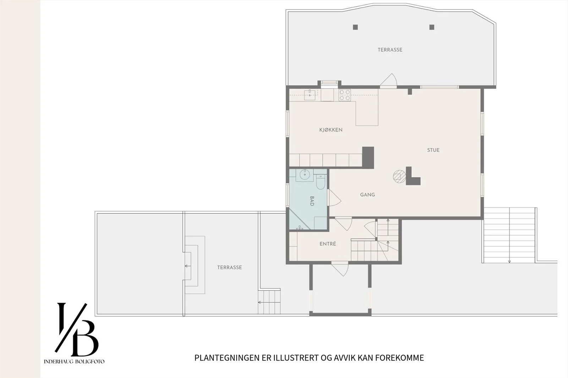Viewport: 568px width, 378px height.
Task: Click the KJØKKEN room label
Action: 331,130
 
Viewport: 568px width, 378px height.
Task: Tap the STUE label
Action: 433,150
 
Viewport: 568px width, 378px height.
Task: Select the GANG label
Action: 367,195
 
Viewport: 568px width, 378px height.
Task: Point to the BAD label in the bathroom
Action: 312,201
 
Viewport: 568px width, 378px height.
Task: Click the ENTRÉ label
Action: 328,244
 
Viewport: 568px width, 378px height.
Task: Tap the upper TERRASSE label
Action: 390,50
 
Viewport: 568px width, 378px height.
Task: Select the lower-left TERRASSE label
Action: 229,267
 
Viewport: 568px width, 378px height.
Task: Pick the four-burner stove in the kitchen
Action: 345,95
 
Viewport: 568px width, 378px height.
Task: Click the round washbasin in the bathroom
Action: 305,174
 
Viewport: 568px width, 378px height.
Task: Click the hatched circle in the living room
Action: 399,176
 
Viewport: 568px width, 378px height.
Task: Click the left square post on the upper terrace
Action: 355,27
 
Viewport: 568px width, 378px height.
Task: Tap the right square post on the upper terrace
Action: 432,27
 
